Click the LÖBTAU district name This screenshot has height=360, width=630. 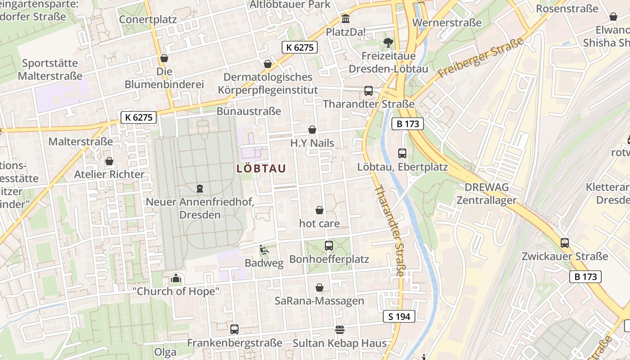(261, 168)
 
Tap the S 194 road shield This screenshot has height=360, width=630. (399, 316)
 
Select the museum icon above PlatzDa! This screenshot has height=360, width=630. (346, 19)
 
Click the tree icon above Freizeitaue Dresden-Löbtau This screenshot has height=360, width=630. (388, 43)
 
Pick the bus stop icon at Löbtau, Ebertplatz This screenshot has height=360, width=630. (402, 153)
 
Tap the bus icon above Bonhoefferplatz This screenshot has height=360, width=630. (329, 246)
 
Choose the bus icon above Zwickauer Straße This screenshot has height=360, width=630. (565, 243)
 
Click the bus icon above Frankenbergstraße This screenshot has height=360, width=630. (234, 329)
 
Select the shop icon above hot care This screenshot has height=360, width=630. (319, 210)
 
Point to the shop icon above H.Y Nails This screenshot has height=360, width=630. (312, 130)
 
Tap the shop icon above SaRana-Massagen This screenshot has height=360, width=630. (319, 288)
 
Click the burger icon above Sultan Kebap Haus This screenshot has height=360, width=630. (340, 330)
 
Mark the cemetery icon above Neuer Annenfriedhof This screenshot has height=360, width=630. (200, 188)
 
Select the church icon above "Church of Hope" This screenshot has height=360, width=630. (176, 279)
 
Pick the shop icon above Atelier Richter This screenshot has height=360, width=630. (109, 161)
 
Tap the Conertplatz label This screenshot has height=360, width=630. (148, 20)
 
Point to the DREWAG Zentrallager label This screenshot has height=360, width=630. (486, 193)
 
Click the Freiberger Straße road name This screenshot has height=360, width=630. (481, 57)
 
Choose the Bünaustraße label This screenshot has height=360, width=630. (249, 111)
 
